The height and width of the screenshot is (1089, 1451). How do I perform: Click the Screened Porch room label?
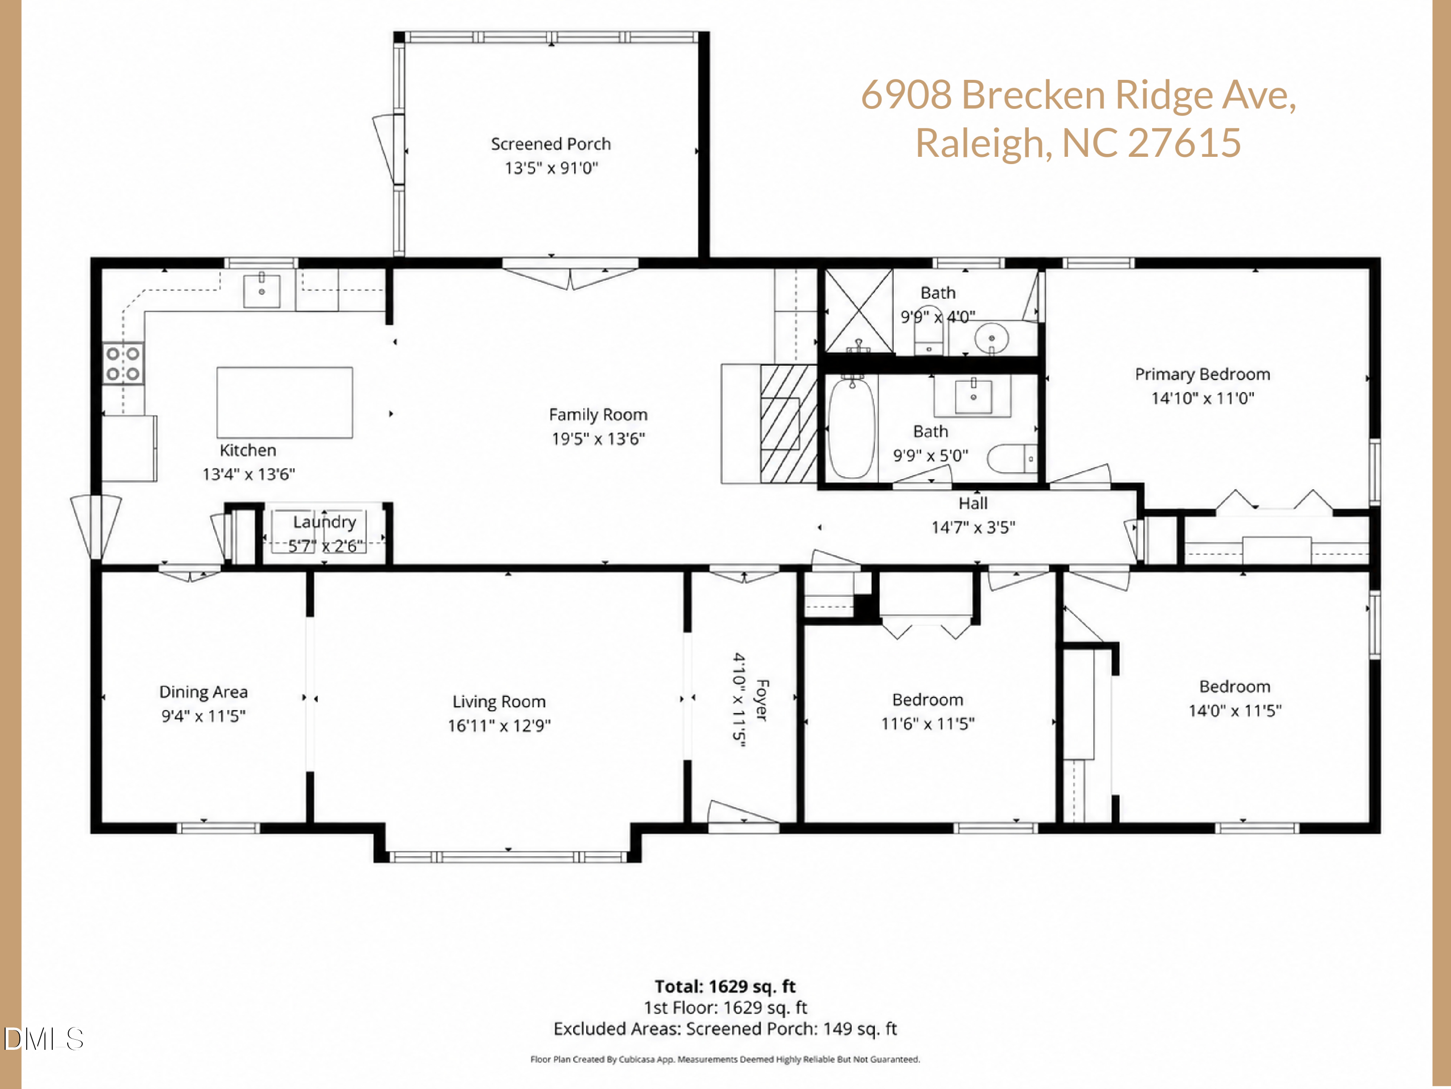click(550, 144)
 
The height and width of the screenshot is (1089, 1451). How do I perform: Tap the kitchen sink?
click(262, 291)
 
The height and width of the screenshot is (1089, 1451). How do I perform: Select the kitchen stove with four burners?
click(123, 363)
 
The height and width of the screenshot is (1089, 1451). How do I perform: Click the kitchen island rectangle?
click(285, 402)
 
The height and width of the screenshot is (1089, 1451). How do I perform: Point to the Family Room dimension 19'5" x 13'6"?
click(598, 439)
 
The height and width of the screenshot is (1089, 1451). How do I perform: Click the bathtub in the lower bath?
click(851, 428)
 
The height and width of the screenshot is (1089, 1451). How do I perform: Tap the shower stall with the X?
click(859, 311)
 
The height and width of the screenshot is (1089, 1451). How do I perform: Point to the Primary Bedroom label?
click(1202, 374)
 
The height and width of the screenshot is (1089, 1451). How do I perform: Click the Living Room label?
click(499, 702)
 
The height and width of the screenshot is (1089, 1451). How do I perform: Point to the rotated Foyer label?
click(762, 700)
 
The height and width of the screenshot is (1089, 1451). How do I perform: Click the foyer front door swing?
click(742, 813)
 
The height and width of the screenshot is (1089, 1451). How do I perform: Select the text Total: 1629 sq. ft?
click(725, 986)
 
